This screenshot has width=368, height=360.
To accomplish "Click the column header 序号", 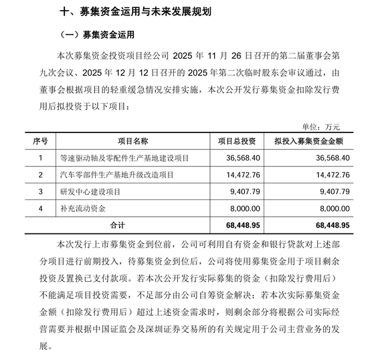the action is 41,141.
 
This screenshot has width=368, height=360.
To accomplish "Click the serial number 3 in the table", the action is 41,191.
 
